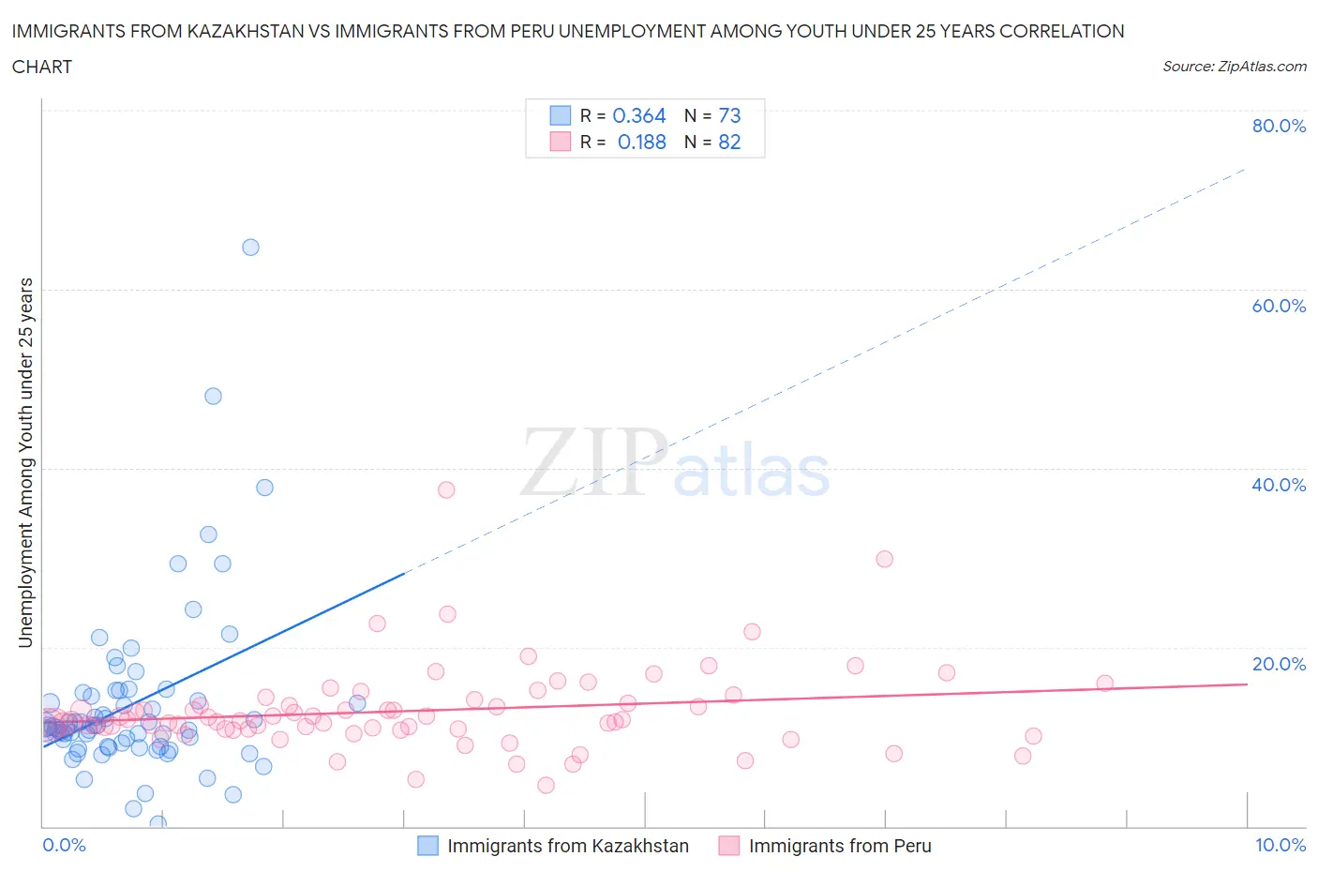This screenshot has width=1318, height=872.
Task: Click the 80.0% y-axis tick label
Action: click(1279, 126)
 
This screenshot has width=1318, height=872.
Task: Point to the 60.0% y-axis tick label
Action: click(1279, 306)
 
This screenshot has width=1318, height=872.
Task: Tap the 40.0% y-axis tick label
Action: click(1279, 485)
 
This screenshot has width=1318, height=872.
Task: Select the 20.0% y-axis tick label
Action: click(1279, 664)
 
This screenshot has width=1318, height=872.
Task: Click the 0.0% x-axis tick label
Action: click(64, 845)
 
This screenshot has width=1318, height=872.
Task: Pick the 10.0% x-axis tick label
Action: click(1281, 845)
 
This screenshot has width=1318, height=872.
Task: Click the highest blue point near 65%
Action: click(250, 248)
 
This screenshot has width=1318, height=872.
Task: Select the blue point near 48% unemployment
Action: click(213, 396)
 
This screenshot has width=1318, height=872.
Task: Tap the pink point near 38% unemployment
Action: click(446, 489)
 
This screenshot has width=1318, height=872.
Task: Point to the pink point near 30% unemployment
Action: click(884, 559)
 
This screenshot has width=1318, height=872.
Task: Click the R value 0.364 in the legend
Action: click(638, 115)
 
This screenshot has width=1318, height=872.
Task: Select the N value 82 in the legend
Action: click(729, 142)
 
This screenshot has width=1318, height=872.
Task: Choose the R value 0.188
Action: click(641, 142)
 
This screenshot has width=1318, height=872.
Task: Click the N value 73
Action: click(729, 115)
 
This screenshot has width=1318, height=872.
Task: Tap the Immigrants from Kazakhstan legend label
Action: click(567, 846)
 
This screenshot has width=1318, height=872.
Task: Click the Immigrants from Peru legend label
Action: click(840, 846)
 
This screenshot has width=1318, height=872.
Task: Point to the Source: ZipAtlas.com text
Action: click(1234, 66)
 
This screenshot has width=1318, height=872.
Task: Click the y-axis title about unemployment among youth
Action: click(25, 463)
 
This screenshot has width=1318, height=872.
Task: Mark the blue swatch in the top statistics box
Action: click(560, 115)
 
